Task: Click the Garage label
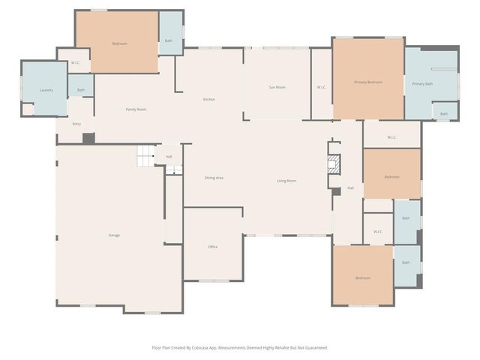tap(114, 235)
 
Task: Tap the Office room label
tap(213, 247)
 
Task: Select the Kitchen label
tap(209, 100)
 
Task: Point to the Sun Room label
tap(277, 88)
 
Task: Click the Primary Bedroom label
tap(368, 82)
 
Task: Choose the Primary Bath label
tap(422, 84)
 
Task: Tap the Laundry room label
tap(46, 91)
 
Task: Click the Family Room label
tap(136, 109)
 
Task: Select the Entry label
tap(76, 124)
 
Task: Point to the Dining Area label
tap(214, 178)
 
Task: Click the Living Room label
tap(286, 181)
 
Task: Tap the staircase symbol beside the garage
tap(145, 157)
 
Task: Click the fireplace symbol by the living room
tap(334, 164)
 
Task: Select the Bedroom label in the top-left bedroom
tap(119, 44)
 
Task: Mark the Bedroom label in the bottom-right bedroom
tap(363, 278)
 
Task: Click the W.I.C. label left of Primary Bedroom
tap(322, 88)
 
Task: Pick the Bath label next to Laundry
tap(80, 90)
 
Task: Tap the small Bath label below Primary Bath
tap(444, 114)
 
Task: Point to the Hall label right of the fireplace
tap(350, 188)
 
